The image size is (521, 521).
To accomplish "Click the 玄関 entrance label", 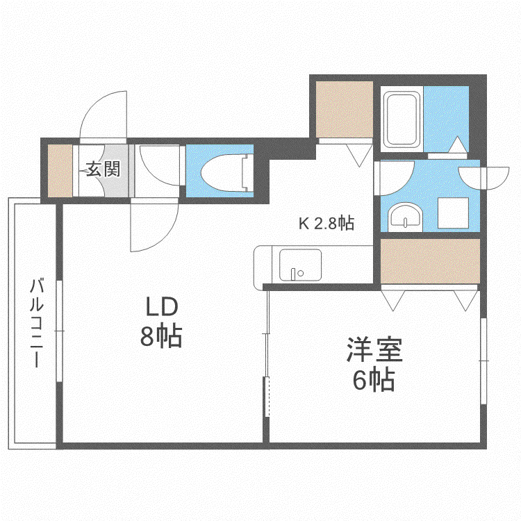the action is (x=103, y=169).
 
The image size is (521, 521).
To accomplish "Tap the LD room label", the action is (x=162, y=306).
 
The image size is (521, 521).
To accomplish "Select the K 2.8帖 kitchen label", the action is (x=326, y=223).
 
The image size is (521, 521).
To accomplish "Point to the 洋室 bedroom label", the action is (x=374, y=349).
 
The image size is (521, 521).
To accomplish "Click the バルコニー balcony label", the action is (x=37, y=323).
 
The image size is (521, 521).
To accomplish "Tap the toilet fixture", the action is (x=228, y=172).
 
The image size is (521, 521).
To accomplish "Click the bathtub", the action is (x=402, y=119).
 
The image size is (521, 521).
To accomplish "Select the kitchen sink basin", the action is (x=300, y=265).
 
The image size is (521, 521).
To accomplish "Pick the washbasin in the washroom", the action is (x=406, y=217).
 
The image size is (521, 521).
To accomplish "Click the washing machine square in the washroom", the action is (x=453, y=213).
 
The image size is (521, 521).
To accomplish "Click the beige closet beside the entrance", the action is (x=60, y=170).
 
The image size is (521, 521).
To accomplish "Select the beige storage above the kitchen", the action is (x=345, y=109).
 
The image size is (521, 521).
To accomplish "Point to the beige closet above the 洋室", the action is (x=430, y=261).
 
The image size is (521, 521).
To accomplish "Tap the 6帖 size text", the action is (x=374, y=380).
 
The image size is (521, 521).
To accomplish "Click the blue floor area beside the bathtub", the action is (x=446, y=119).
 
